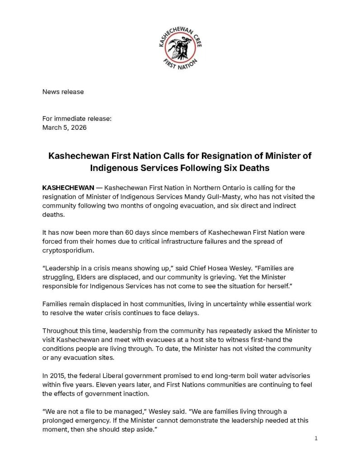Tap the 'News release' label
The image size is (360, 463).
point(63,92)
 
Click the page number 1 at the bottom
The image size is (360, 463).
point(316,439)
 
